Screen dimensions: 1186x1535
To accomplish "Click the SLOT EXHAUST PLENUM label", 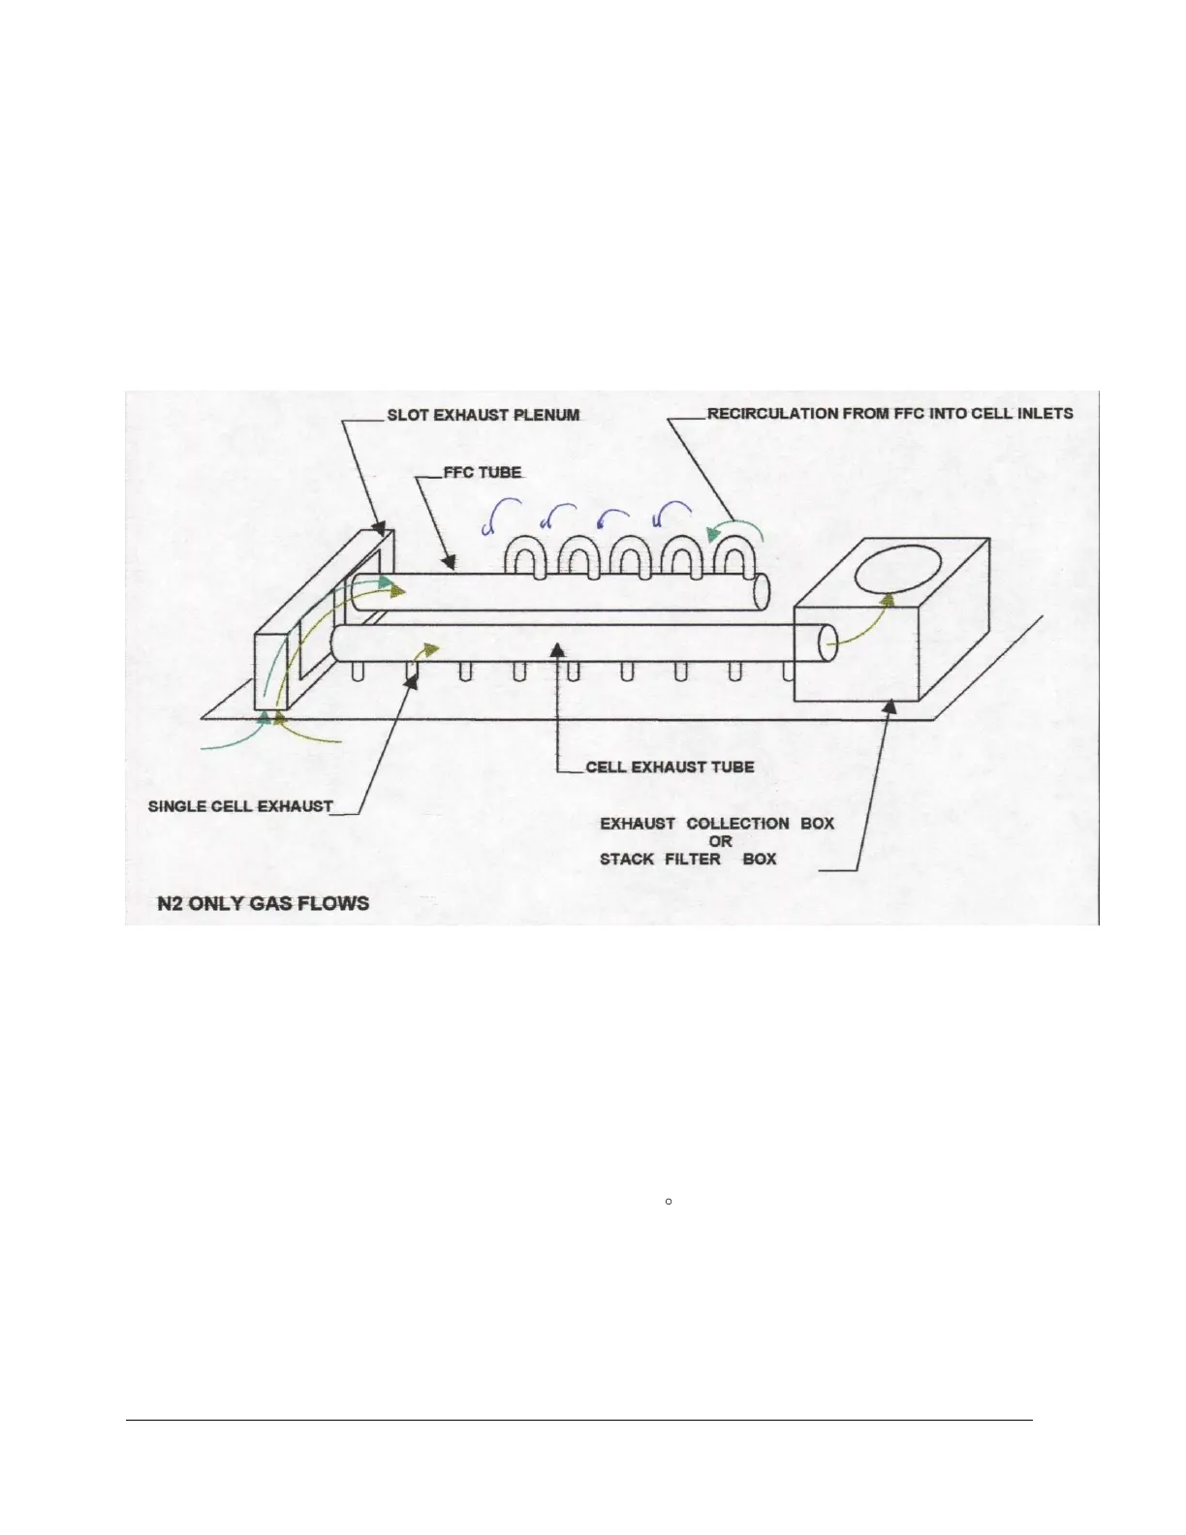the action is (x=483, y=415).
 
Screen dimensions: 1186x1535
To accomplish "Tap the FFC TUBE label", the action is (x=483, y=473).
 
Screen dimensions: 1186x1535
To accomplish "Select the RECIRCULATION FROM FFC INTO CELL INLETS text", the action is (x=889, y=414).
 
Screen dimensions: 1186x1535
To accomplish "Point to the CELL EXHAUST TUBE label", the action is (x=670, y=767).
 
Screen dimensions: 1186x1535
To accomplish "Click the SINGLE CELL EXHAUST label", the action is (x=240, y=806).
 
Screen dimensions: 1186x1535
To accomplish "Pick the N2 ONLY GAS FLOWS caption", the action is (x=263, y=903).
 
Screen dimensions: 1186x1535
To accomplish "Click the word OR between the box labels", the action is (x=720, y=841).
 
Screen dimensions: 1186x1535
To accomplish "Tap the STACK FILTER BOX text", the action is (x=688, y=860).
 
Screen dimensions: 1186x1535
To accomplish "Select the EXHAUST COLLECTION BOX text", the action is (x=717, y=824).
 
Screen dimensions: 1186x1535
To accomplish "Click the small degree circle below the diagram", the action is (x=670, y=1202).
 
